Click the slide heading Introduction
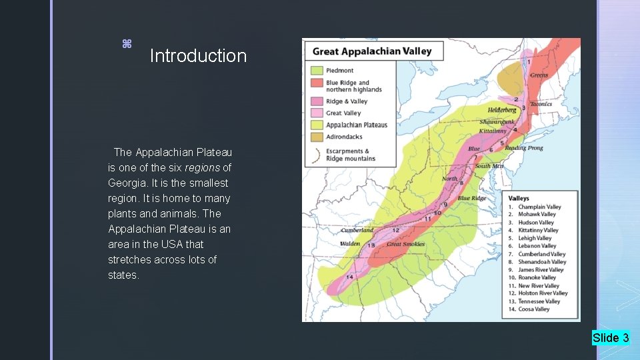(x=198, y=56)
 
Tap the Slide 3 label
(x=611, y=338)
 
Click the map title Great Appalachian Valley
(x=372, y=51)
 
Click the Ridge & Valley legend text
(x=347, y=101)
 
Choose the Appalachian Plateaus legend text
(x=356, y=125)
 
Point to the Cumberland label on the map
(x=357, y=230)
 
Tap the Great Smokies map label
(x=405, y=244)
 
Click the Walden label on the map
(x=350, y=244)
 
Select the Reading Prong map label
(x=524, y=148)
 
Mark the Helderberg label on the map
(x=501, y=109)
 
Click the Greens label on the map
(x=539, y=75)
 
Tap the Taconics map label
(x=541, y=104)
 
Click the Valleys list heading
(x=519, y=198)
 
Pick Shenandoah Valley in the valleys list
(x=542, y=262)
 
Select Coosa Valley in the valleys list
(x=533, y=309)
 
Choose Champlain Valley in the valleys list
(x=539, y=207)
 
